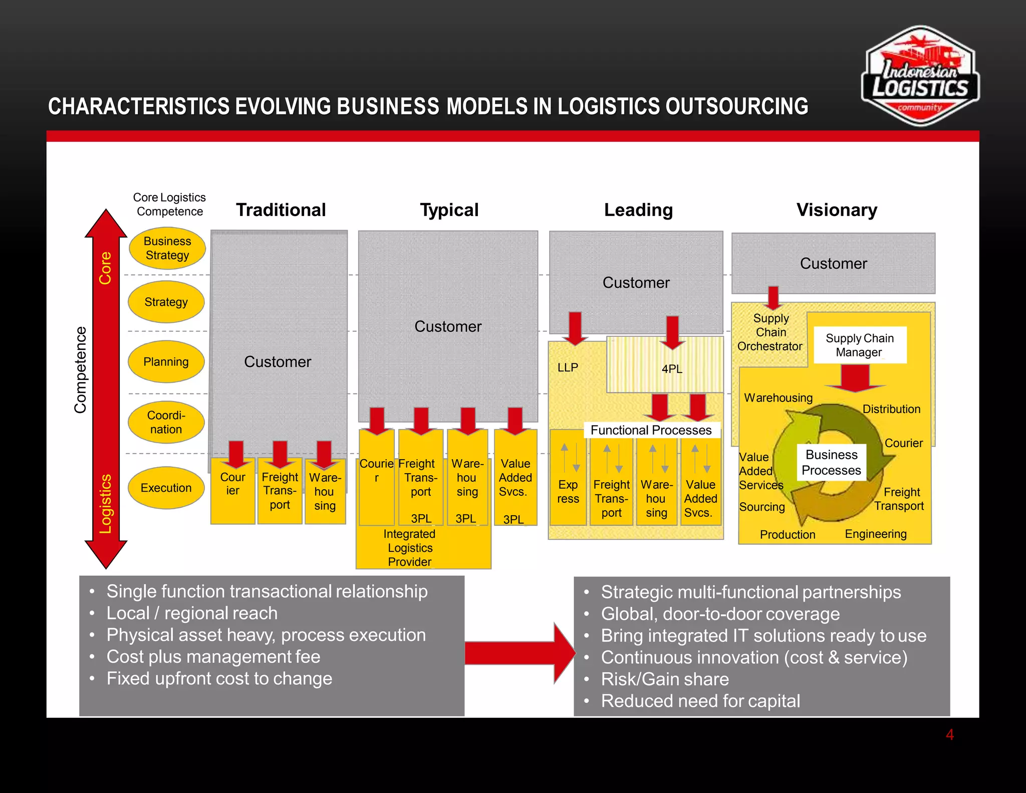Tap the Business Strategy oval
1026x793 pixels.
coord(167,248)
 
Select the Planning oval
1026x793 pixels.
coord(166,362)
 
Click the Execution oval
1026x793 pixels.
coord(166,488)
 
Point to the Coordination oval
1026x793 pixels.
coord(166,422)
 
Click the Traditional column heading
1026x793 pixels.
coord(281,210)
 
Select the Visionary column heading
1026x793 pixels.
coord(837,210)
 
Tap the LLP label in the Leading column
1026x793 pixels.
coord(568,367)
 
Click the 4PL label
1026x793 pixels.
coord(671,369)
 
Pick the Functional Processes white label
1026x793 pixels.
coord(651,430)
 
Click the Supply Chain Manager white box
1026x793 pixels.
coord(859,345)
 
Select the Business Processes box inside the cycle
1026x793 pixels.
coord(831,462)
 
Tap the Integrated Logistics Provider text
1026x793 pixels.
coord(410,548)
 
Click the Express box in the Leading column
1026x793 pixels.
coord(568,491)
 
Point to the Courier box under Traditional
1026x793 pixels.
coord(232,484)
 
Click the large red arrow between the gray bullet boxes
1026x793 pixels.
coord(519,653)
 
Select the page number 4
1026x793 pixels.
coord(949,735)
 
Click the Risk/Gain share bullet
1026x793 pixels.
coord(664,679)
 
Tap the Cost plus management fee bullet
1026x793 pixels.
coord(213,657)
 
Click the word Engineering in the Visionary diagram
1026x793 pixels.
coord(875,534)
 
